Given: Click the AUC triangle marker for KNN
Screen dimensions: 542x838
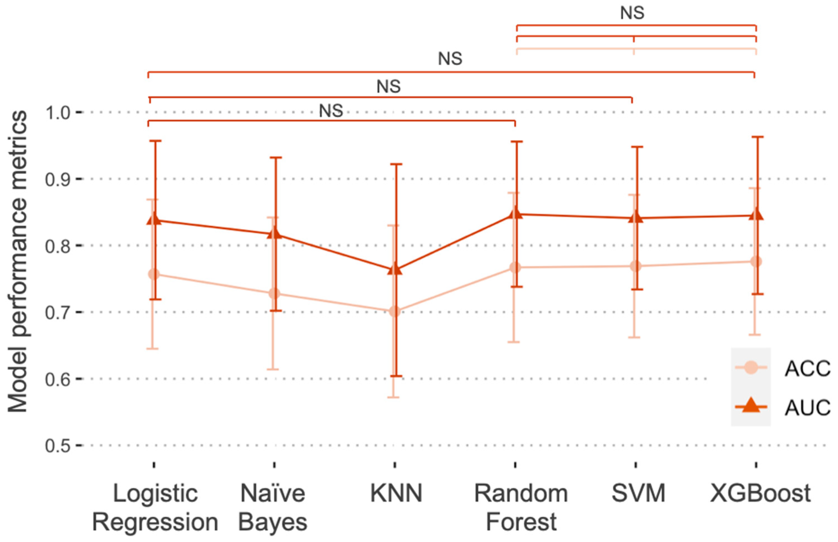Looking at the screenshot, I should pos(395,269).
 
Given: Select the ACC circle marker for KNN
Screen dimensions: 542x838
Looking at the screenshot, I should pos(395,311).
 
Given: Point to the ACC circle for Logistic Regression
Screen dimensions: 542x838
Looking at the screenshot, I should pos(154,274).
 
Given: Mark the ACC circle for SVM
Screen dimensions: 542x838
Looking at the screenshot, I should pos(636,266).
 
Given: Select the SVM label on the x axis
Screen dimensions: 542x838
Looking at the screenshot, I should pos(638,493).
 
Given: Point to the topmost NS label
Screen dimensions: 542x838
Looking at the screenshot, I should pos(632,13).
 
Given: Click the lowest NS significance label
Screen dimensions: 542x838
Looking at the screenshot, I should pos(331,111).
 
